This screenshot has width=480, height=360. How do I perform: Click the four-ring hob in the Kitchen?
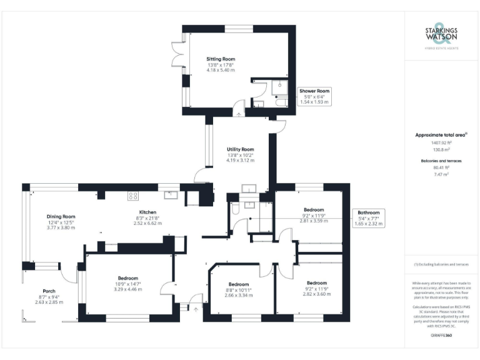point(133,196)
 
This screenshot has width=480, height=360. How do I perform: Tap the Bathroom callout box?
point(368,218)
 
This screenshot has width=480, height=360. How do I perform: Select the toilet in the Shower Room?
point(281,102)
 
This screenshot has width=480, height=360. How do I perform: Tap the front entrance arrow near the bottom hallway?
point(196,307)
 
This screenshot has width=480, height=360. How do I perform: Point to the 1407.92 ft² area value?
point(441,142)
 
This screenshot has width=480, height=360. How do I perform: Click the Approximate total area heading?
point(441,134)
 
